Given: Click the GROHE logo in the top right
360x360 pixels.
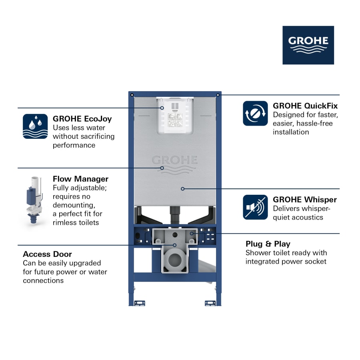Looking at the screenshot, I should tap(308, 45).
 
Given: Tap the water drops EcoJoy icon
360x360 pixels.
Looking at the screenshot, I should tap(35, 126).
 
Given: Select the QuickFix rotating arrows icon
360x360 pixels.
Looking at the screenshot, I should tap(255, 113).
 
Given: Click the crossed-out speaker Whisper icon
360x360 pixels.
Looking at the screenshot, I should tap(255, 207).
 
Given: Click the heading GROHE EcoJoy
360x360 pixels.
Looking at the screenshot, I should tap(82, 119).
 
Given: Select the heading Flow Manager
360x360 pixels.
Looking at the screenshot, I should tap(80, 179).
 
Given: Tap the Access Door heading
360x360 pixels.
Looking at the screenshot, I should tap(47, 254).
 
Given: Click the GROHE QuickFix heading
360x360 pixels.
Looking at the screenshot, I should tap(305, 106).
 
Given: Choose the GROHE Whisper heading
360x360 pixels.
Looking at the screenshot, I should tap(305, 200).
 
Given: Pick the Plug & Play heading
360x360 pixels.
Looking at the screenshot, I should tap(268, 244).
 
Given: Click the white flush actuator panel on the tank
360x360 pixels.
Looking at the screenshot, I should tap(175, 116).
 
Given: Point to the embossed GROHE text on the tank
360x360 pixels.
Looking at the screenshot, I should tap(175, 160).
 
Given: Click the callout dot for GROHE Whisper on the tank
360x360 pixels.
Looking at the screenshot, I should tap(182, 188).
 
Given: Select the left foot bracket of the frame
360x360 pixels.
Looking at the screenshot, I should tap(139, 303).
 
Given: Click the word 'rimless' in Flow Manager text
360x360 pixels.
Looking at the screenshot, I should tap(65, 222).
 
